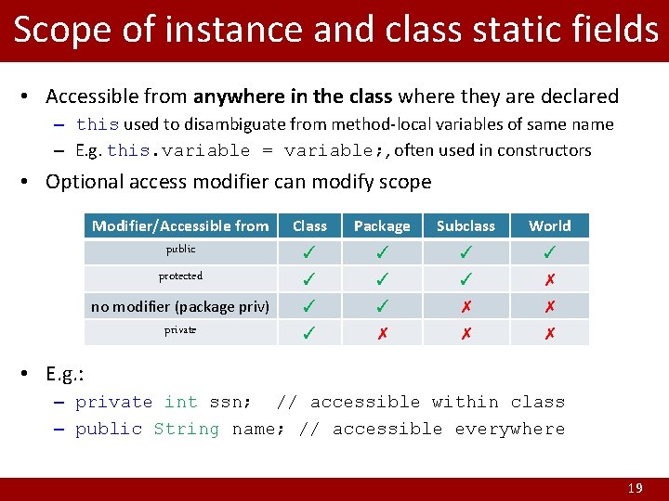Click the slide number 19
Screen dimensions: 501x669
pyautogui.click(x=635, y=488)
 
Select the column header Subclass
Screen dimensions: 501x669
pyautogui.click(x=466, y=225)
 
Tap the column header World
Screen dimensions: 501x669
pyautogui.click(x=550, y=225)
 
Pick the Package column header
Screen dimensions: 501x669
pyautogui.click(x=381, y=225)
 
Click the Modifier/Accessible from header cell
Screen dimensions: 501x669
pyautogui.click(x=180, y=225)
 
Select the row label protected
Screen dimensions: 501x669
pyautogui.click(x=180, y=276)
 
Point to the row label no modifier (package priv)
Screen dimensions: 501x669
pyautogui.click(x=180, y=306)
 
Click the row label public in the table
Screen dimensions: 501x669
pyautogui.click(x=180, y=249)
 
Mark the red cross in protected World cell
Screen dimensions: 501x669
pyautogui.click(x=550, y=279)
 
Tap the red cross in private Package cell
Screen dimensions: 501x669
pyautogui.click(x=381, y=333)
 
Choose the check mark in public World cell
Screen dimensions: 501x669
pyautogui.click(x=550, y=252)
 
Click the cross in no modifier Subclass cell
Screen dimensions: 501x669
pyautogui.click(x=466, y=306)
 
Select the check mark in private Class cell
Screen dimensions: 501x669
pyautogui.click(x=309, y=333)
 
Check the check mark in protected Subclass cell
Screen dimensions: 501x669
pyautogui.click(x=466, y=279)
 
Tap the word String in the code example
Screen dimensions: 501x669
pyautogui.click(x=186, y=429)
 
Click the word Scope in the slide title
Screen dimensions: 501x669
pyautogui.click(x=58, y=30)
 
